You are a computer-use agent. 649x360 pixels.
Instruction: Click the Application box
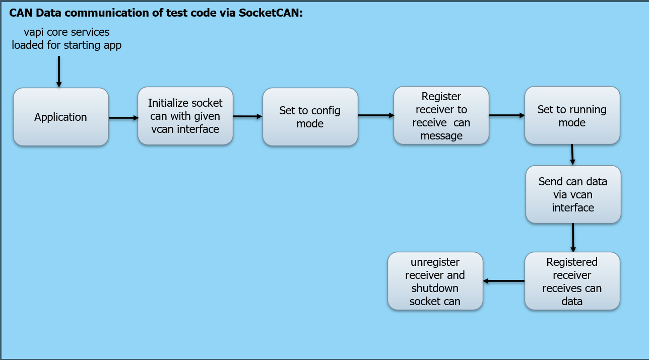click(60, 117)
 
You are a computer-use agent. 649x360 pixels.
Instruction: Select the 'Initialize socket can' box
click(185, 116)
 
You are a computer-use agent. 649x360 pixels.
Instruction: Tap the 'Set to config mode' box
click(310, 117)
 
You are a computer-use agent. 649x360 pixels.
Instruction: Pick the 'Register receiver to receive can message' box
click(441, 116)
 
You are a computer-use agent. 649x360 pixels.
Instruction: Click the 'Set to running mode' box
click(572, 116)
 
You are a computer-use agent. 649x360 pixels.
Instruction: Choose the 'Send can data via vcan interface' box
click(573, 194)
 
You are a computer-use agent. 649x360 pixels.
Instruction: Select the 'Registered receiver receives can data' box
click(572, 281)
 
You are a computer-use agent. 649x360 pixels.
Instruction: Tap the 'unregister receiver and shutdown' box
click(435, 281)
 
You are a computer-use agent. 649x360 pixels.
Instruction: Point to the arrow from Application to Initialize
click(123, 118)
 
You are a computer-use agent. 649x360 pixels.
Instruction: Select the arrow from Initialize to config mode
click(247, 116)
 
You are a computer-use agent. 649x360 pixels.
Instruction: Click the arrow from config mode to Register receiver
click(375, 115)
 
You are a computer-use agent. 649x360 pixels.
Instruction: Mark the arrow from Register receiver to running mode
click(506, 115)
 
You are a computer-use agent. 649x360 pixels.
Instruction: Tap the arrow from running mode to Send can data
click(572, 155)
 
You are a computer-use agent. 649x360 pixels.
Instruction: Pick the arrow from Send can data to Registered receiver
click(573, 237)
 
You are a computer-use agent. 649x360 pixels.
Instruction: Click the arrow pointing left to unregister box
click(504, 281)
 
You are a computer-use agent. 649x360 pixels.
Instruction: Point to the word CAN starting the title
click(20, 13)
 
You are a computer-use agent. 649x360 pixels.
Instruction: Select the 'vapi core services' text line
click(67, 32)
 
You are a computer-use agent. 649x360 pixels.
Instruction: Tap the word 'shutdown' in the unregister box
click(435, 289)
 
